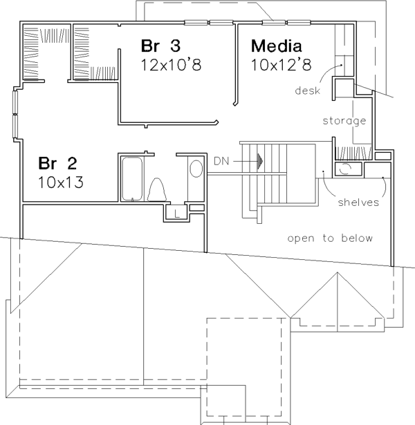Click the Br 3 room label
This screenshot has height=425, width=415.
pos(160,46)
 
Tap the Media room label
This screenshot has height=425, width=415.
pos(277,46)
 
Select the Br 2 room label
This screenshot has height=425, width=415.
pos(57,163)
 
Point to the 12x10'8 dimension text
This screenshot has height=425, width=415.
pos(171,65)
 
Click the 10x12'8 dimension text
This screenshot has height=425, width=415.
pos(282,65)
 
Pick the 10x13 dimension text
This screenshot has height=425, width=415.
pos(61,182)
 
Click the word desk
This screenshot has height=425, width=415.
pos(308,91)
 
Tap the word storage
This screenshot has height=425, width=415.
pos(344,121)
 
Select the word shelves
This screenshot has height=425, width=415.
pos(358,202)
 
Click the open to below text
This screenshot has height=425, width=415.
pos(330,238)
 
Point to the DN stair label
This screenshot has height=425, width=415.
pos(221,161)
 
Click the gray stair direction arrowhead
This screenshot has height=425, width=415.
pos(260,161)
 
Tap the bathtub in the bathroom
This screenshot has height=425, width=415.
pos(132,179)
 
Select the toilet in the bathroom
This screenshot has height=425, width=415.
pos(157,190)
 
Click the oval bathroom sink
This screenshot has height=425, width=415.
pos(196,169)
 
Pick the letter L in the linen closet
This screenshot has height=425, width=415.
pos(177,214)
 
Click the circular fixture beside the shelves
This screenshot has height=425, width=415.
pos(345,169)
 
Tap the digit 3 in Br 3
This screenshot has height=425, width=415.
pos(176,46)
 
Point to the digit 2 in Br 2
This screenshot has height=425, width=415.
pos(72,163)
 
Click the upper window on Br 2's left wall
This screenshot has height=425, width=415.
pos(15,102)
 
